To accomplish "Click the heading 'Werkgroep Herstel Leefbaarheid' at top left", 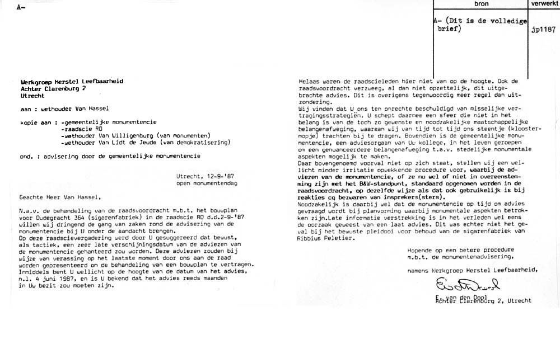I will pyautogui.click(x=72, y=81).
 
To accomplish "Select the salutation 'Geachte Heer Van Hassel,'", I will pyautogui.click(x=60, y=197).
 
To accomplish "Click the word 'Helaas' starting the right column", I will pyautogui.click(x=308, y=81).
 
